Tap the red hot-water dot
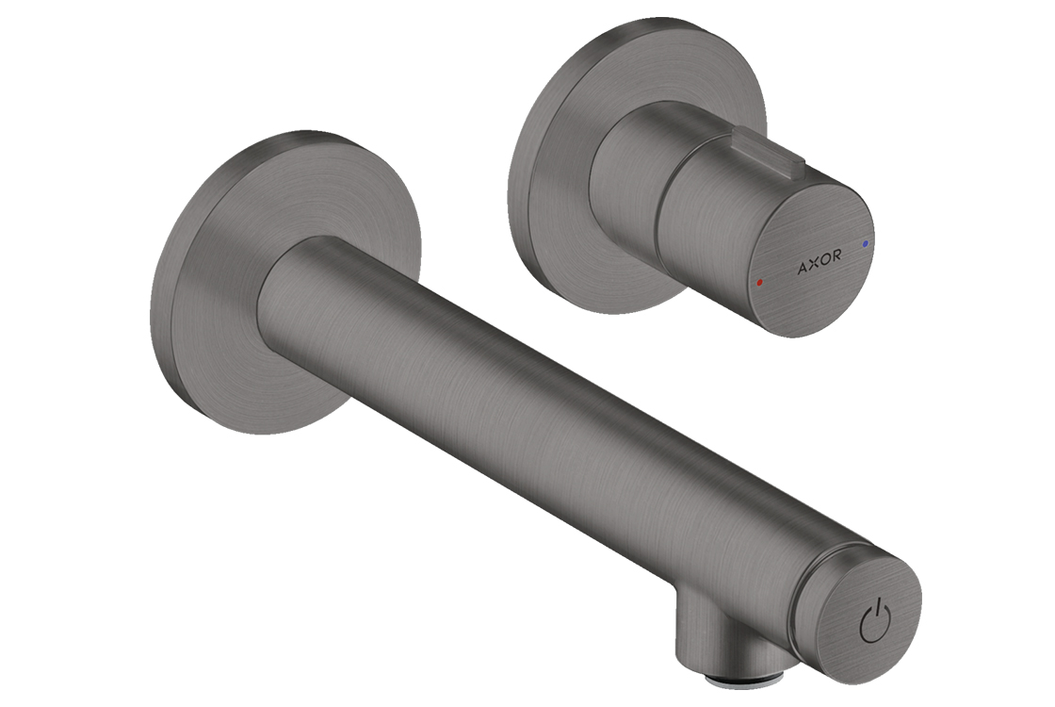[759, 284]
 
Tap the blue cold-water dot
[865, 241]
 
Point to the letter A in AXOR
[802, 269]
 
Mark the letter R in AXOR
[835, 255]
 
